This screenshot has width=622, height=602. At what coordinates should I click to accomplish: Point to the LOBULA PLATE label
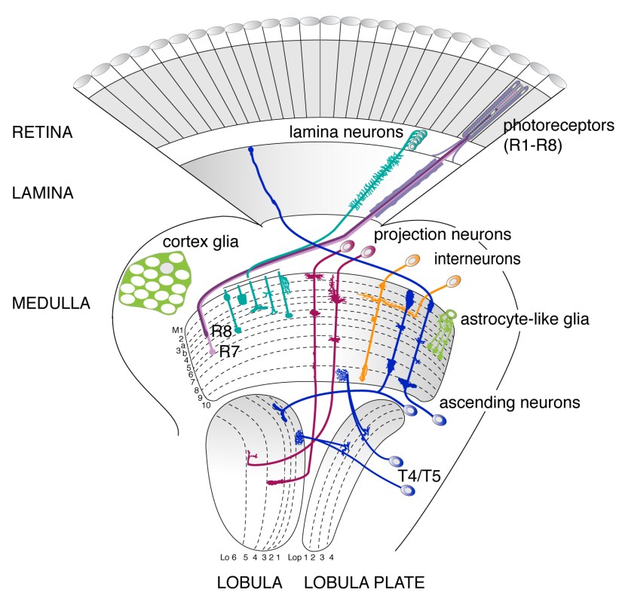tap(363, 582)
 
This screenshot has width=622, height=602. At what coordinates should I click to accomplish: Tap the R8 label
tap(221, 331)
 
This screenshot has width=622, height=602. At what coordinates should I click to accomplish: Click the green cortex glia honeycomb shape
tap(158, 284)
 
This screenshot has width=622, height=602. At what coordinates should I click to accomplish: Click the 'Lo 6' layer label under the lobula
tap(228, 558)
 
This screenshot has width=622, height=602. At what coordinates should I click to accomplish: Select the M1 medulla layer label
tap(179, 329)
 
